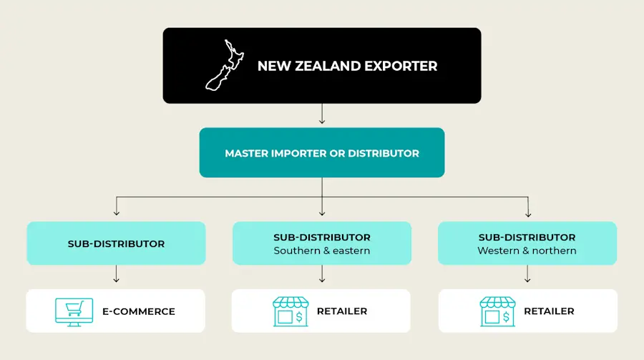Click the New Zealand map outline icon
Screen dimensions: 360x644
click(223, 65)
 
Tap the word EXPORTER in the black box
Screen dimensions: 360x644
click(401, 66)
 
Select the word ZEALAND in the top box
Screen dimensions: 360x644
click(327, 66)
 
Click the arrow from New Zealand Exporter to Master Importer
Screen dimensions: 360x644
click(322, 115)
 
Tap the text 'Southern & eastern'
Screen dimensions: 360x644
click(322, 250)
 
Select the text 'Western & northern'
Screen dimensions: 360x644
click(527, 250)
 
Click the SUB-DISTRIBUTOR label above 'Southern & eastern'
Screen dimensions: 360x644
click(322, 237)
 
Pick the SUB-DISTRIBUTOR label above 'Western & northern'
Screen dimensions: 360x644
click(527, 237)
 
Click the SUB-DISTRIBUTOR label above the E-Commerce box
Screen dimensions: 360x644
click(116, 243)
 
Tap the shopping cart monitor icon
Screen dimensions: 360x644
click(74, 311)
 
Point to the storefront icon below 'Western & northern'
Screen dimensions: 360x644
click(497, 311)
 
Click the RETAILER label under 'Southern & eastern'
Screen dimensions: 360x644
click(342, 311)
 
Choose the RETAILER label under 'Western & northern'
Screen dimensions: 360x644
click(549, 311)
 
